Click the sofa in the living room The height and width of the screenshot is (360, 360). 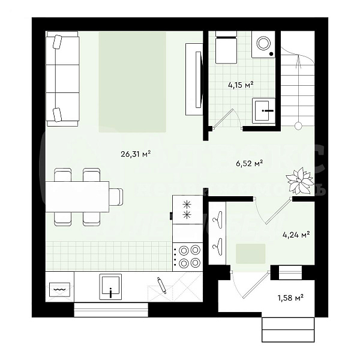pos(62,79)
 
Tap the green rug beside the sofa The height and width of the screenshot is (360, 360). pos(132,82)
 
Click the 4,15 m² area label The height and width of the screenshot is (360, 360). pos(240,85)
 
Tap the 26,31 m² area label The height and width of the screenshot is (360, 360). pos(135,154)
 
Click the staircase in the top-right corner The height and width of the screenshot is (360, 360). pos(298,84)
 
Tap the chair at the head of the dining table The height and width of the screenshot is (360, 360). pos(116,196)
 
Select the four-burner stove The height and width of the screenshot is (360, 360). pos(188,257)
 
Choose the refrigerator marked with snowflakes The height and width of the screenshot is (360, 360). pos(188,209)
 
